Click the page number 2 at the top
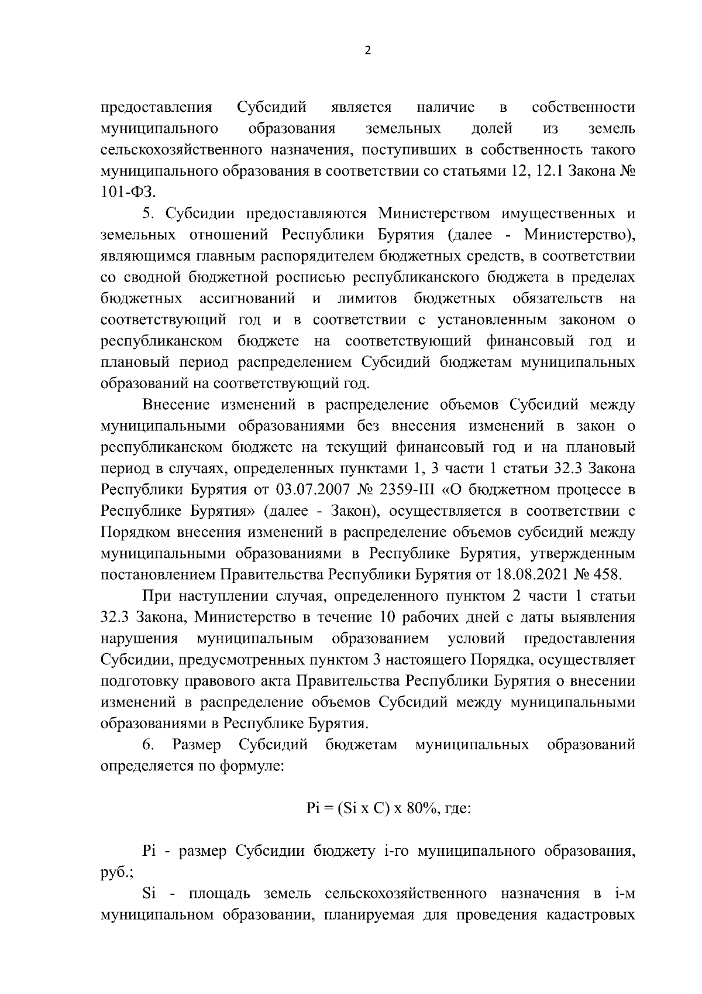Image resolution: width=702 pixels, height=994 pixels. pos(367,50)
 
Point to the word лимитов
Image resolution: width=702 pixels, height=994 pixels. pos(367,299)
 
